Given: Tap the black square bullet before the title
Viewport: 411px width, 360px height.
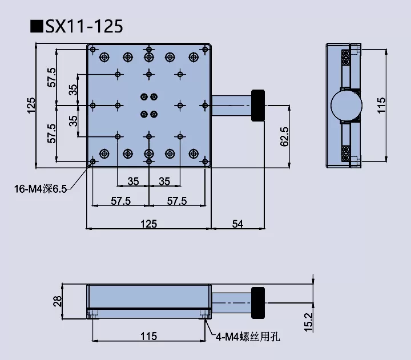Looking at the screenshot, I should [x=37, y=26].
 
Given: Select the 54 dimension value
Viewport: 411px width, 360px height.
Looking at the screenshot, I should [x=237, y=224].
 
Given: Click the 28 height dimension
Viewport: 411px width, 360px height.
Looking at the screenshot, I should [x=57, y=301].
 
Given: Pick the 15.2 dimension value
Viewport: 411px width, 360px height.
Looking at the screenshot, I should [x=309, y=322].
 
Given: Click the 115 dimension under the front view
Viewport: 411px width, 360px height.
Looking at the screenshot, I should [x=148, y=336].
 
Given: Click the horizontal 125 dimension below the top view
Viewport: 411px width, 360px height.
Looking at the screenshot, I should [x=148, y=224].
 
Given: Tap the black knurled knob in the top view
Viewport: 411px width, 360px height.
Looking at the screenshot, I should [x=259, y=106].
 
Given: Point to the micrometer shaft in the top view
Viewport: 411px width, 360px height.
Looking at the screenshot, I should [x=231, y=106].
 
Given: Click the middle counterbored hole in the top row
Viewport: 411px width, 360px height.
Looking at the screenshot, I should [x=148, y=57].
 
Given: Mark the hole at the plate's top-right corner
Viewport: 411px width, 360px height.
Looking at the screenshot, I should [x=204, y=49].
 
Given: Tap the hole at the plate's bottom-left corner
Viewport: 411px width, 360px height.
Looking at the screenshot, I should [x=92, y=162].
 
